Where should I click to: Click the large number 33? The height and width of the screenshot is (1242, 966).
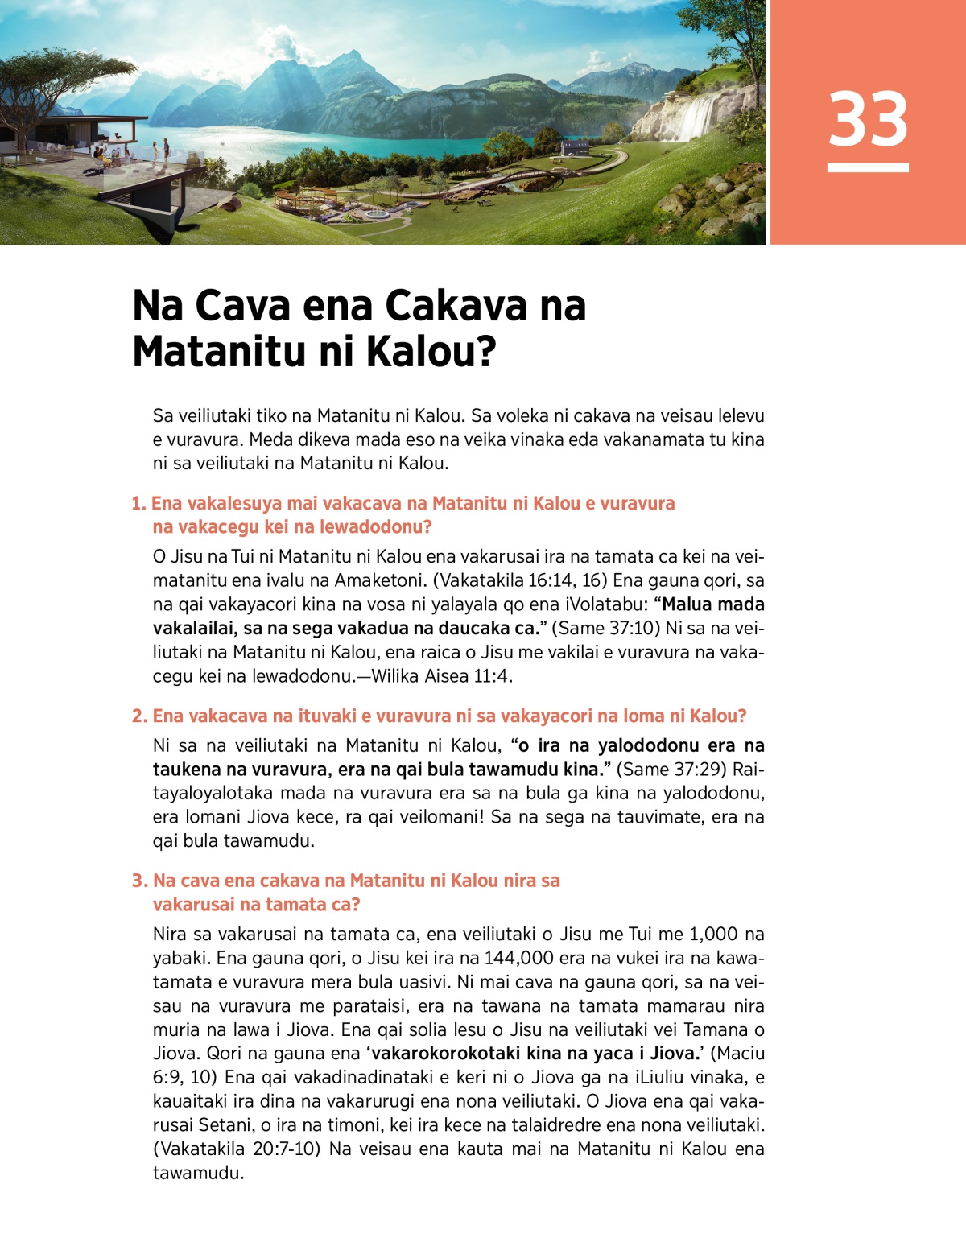(868, 119)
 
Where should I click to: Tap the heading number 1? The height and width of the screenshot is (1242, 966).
(138, 504)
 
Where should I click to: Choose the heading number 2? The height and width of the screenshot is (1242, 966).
(139, 716)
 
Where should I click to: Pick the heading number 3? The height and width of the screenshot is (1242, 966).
(139, 881)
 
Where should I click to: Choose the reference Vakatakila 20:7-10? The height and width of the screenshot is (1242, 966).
(237, 1149)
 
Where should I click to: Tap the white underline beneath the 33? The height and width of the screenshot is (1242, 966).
(868, 167)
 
